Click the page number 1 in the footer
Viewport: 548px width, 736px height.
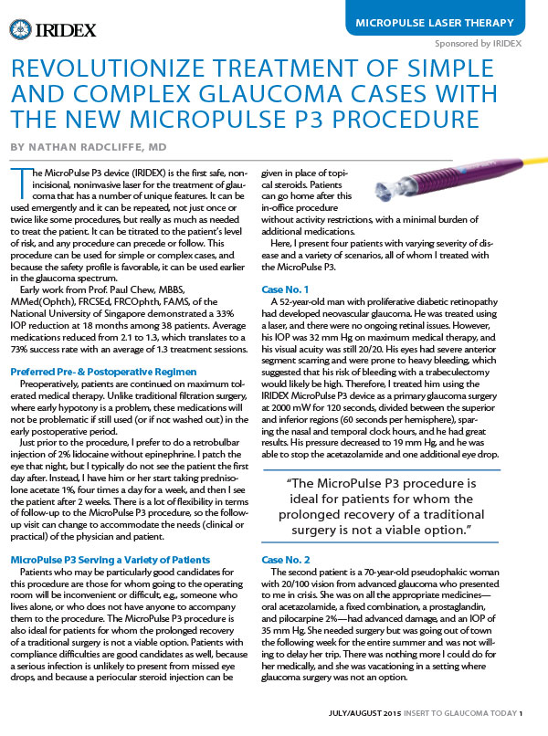[522, 714]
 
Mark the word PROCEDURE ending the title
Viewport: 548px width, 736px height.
[399, 120]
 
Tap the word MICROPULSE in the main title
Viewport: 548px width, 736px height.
[219, 120]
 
